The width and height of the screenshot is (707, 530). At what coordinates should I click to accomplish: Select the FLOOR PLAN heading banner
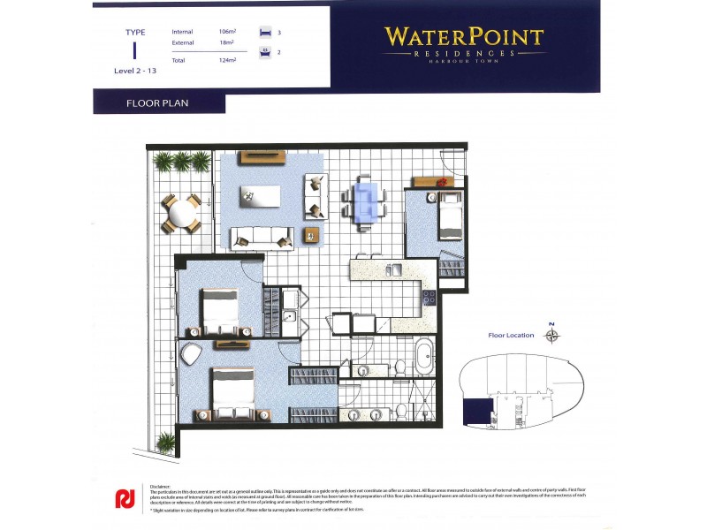158,103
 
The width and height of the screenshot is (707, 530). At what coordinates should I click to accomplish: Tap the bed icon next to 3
263,32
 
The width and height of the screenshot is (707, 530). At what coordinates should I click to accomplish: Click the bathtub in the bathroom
424,354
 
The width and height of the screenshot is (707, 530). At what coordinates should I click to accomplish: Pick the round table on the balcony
180,214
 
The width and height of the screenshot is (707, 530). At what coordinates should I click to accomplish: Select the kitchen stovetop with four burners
430,298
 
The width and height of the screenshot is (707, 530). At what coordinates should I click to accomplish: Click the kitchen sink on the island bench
395,269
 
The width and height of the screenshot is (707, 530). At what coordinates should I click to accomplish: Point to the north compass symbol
552,334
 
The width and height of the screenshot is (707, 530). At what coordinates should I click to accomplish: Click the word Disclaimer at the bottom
160,486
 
